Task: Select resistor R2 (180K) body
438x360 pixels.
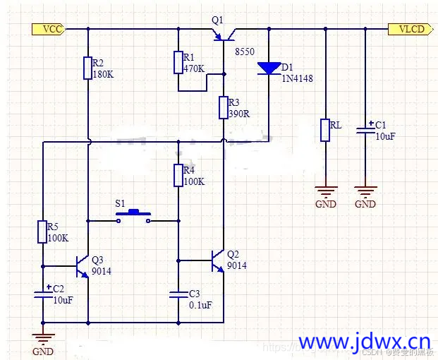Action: point(87,68)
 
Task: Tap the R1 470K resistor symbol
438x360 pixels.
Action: point(178,62)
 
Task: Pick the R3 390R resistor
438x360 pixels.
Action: point(224,107)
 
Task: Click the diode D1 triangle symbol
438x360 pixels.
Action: point(269,68)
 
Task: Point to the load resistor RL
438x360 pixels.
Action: point(325,130)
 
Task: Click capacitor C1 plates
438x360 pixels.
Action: point(365,131)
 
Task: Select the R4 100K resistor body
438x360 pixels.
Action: point(178,175)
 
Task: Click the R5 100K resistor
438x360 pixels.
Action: point(43,232)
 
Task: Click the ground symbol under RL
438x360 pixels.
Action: point(325,191)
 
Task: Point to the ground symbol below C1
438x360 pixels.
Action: point(365,191)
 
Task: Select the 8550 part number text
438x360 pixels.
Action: point(244,52)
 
